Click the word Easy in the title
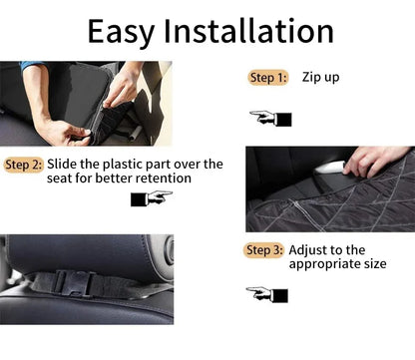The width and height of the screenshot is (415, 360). pyautogui.click(x=121, y=32)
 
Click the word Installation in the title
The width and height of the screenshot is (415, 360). pyautogui.click(x=248, y=31)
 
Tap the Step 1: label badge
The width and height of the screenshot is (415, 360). pyautogui.click(x=268, y=78)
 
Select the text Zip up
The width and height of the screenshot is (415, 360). pyautogui.click(x=320, y=78)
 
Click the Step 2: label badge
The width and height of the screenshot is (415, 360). pyautogui.click(x=24, y=165)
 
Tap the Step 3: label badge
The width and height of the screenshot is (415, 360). pyautogui.click(x=264, y=250)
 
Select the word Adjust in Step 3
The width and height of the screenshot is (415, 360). pyautogui.click(x=306, y=250)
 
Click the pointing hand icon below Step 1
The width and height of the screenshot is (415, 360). pyautogui.click(x=270, y=119)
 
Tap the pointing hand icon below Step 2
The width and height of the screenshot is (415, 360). pyautogui.click(x=152, y=198)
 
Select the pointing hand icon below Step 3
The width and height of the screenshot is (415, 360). pyautogui.click(x=267, y=294)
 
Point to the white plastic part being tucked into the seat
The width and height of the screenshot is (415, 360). pyautogui.click(x=329, y=167)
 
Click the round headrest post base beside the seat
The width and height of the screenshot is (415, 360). pyautogui.click(x=168, y=249)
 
